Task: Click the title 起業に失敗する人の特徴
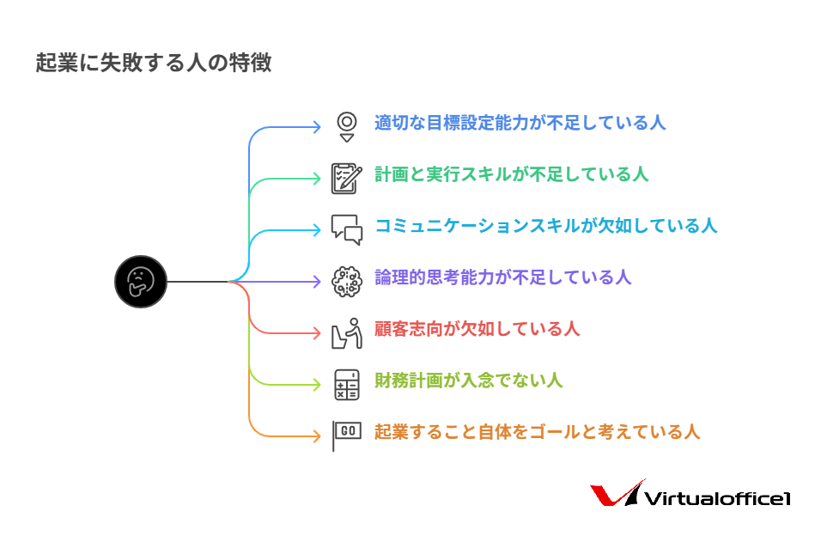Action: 154,64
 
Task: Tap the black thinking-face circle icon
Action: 140,281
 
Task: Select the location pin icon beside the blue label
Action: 346,125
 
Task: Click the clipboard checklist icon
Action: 346,178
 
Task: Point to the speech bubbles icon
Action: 347,229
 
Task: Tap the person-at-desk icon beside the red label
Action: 347,332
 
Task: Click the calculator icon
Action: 347,384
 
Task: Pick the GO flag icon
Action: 347,435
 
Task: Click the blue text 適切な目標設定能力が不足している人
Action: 520,122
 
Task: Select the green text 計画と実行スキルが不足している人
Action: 511,174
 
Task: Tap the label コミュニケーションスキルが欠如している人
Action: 545,225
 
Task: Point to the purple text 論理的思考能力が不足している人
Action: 502,277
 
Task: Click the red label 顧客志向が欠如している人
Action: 477,328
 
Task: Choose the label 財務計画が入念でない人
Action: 468,380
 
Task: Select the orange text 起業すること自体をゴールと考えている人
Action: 537,431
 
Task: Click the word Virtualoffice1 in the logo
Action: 716,499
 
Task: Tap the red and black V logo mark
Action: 615,495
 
